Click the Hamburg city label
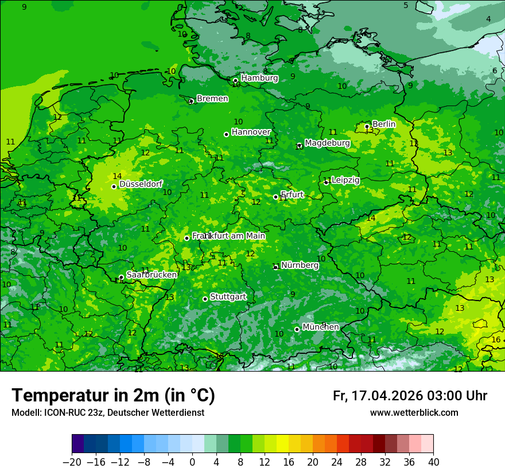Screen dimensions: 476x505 tap(259, 78)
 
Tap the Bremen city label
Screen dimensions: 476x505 tap(212, 99)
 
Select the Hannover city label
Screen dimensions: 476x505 tap(251, 132)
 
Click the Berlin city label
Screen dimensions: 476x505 tap(384, 124)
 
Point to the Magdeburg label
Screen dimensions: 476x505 tap(327, 143)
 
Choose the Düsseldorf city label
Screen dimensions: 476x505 tap(141, 184)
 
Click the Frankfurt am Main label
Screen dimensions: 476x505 tap(229, 236)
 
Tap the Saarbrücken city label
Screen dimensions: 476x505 tap(151, 275)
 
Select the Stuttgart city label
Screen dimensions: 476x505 tap(228, 296)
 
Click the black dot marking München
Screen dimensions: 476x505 tap(297, 329)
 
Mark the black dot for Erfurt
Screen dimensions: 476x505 tap(275, 197)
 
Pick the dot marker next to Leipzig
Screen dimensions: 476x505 tap(326, 182)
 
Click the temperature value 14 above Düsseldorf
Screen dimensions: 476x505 tap(117, 176)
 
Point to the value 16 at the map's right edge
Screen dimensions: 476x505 tap(496, 340)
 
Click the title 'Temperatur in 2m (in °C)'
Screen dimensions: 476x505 tap(113, 396)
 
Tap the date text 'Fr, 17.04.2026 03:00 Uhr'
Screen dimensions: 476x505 tap(410, 396)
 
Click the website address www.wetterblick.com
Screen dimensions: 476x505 tap(414, 413)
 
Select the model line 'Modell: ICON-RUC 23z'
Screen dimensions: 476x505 tap(108, 413)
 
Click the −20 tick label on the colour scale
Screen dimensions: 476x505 tap(72, 462)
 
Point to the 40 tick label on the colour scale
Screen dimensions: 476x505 tap(433, 462)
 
